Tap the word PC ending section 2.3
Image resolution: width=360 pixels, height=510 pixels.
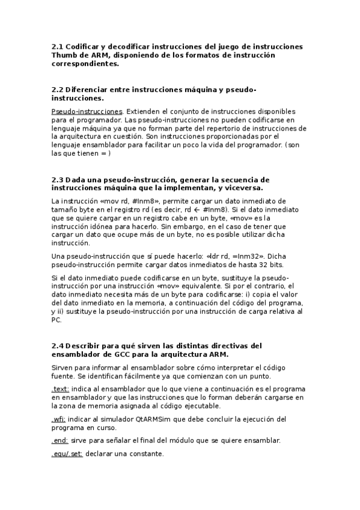[x=57, y=321]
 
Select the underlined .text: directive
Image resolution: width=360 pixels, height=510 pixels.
[x=60, y=389]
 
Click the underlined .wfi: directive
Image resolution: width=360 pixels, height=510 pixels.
[x=59, y=419]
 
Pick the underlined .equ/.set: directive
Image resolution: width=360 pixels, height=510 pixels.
[x=67, y=453]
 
